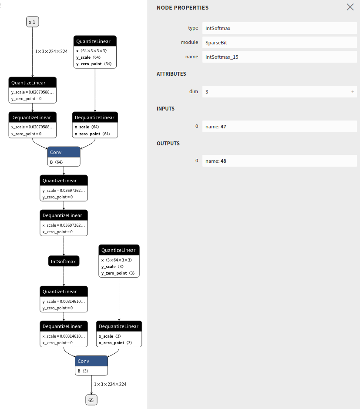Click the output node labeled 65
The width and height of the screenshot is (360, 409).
pos(91,400)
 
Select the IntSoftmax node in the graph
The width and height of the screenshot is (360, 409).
pos(64,261)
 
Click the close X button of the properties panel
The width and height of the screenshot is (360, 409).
pos(350,7)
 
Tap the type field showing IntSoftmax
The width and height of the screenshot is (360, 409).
pos(279,28)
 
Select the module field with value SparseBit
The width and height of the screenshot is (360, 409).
pos(279,42)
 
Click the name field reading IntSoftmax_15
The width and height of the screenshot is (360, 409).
pos(279,57)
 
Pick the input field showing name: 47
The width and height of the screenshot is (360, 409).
pos(279,126)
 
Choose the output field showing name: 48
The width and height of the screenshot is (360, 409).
pos(279,161)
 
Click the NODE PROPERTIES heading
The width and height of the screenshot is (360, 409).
pos(182,7)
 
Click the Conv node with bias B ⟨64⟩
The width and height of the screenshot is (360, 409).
pos(64,152)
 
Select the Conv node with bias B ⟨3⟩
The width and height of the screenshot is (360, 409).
pos(91,361)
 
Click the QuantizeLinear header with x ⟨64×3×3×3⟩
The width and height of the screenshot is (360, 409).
pos(95,41)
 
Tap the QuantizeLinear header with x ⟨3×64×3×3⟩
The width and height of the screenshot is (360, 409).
pos(119,250)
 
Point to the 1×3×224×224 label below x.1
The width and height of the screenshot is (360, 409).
pos(51,51)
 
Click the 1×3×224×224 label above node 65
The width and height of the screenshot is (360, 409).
pos(110,384)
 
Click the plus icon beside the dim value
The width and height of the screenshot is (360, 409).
pos(352,91)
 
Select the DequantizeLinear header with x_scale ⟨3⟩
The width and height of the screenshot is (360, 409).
pos(119,326)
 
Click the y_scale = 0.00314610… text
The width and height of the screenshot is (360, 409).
pos(64,301)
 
